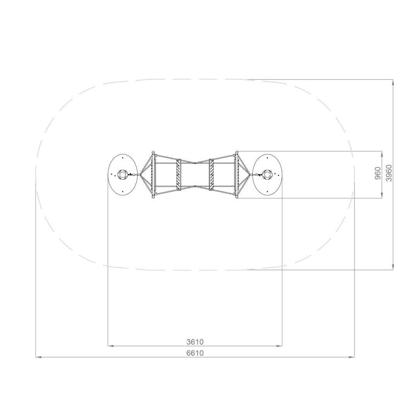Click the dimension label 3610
pyautogui.click(x=195, y=341)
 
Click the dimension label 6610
pyautogui.click(x=195, y=353)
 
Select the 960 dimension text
pyautogui.click(x=378, y=173)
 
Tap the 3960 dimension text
pyautogui.click(x=389, y=173)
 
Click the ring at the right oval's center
pyautogui.click(x=267, y=175)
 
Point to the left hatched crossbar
pyautogui.click(x=178, y=175)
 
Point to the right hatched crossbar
pyautogui.click(x=212, y=175)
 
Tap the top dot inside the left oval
pyautogui.click(x=123, y=158)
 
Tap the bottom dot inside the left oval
pyautogui.click(x=123, y=192)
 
